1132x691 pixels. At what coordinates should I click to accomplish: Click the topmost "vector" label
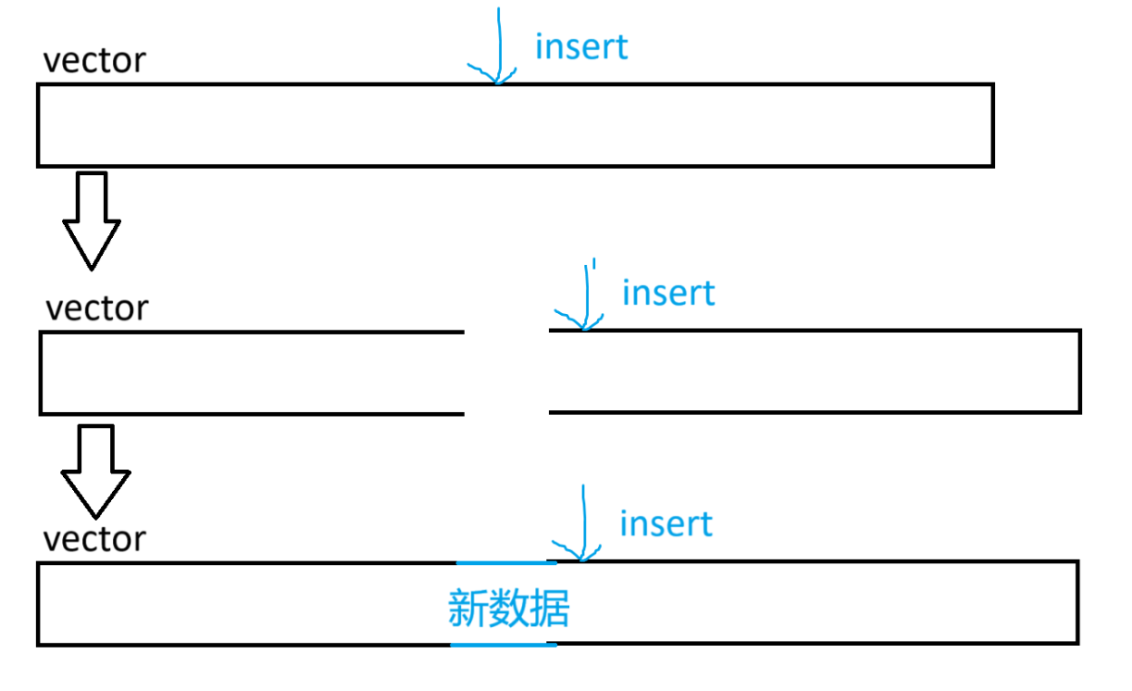(x=94, y=61)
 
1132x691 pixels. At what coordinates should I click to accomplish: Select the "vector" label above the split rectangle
(x=96, y=308)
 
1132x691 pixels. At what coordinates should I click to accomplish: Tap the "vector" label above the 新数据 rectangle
(x=95, y=538)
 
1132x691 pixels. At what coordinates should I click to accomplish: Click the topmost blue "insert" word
(x=581, y=46)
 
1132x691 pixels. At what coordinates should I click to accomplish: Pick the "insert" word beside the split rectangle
(x=668, y=293)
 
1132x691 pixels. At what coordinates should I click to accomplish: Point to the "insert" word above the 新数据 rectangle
(x=666, y=524)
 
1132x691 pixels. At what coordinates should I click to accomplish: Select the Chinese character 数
(x=508, y=609)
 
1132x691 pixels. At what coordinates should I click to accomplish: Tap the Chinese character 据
(x=549, y=609)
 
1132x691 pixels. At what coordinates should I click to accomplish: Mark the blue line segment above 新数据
(x=506, y=562)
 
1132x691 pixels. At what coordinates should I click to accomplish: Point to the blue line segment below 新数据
(x=504, y=644)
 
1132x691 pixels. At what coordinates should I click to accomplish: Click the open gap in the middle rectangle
(x=506, y=371)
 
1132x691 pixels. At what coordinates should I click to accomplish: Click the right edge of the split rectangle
(x=1079, y=371)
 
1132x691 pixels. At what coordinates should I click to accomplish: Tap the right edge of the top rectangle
(x=992, y=125)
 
